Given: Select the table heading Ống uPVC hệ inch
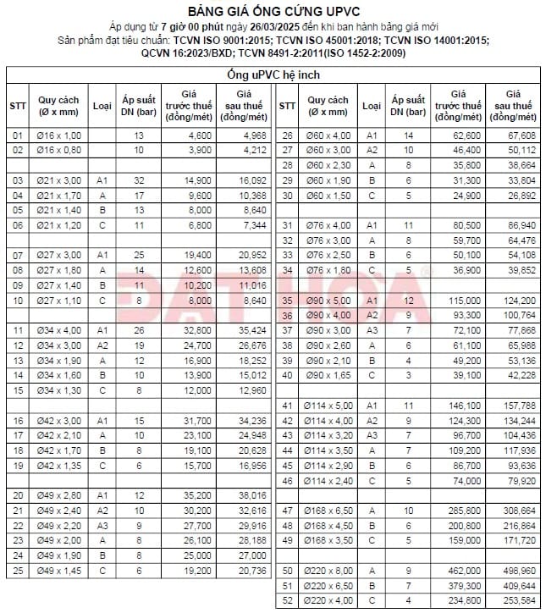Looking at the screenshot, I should coord(273,75).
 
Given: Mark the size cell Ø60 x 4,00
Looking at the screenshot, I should coord(328,135).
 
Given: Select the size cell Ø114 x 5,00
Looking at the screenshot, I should coord(328,405).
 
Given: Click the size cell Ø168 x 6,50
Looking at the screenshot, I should coord(328,510).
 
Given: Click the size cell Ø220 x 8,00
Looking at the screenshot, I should coord(328,570).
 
